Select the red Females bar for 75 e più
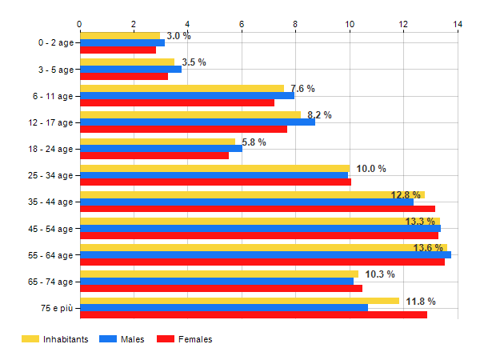click(253, 314)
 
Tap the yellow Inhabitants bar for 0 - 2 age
click(120, 35)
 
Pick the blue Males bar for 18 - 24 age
click(160, 148)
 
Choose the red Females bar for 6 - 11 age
click(176, 102)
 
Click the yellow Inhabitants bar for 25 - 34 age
click(214, 168)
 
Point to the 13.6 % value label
click(428, 248)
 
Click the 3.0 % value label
click(178, 36)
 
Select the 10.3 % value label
click(380, 274)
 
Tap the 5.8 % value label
click(254, 142)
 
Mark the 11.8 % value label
click(421, 302)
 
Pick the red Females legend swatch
click(166, 339)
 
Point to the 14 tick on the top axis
click(458, 25)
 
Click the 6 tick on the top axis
click(242, 25)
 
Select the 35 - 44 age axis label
click(50, 202)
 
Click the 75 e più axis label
click(55, 308)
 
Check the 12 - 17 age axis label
click(50, 122)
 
